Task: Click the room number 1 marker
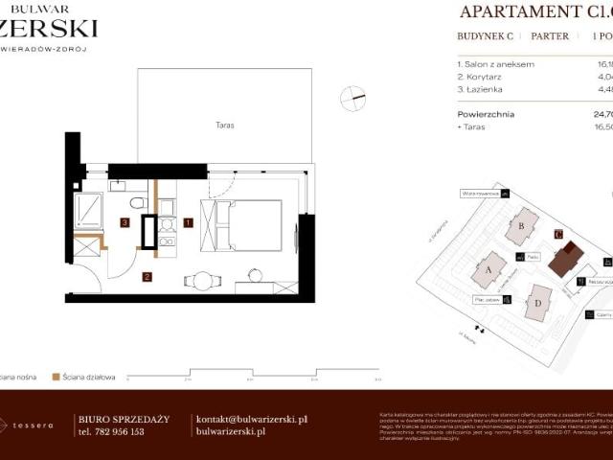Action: coord(188,222)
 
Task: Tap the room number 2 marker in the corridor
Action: coord(147,277)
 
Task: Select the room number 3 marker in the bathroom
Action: coord(125,222)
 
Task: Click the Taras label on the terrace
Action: coord(225,126)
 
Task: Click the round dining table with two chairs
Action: coord(202,281)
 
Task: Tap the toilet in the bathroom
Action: coord(138,202)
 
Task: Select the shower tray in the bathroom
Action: coord(89,210)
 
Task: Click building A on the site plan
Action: coord(488,270)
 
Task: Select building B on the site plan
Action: coord(522,226)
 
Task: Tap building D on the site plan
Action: coord(538,304)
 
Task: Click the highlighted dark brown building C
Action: coord(571,256)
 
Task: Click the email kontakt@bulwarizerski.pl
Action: coord(251,419)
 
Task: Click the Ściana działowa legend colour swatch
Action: coord(57,378)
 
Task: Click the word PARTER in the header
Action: coord(550,36)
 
